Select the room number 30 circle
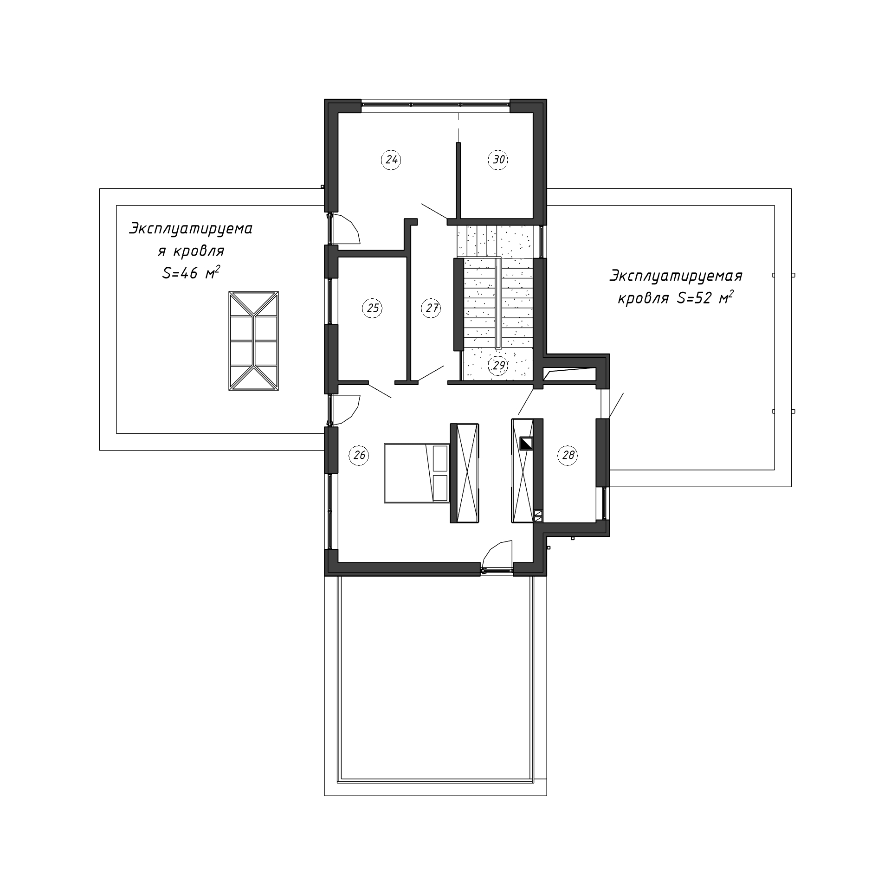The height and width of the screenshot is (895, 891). [x=498, y=160]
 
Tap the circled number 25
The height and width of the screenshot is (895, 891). [x=373, y=308]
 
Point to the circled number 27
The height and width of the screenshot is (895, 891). [x=432, y=308]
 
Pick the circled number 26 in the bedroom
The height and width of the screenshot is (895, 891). [x=359, y=455]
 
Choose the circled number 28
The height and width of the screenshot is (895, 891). [x=568, y=455]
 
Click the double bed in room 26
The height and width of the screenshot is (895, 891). [x=417, y=473]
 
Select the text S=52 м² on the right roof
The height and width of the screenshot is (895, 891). [x=705, y=298]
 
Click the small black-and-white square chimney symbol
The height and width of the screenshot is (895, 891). [x=526, y=444]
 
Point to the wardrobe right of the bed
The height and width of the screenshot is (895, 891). [x=465, y=473]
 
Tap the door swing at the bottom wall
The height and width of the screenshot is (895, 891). [x=497, y=554]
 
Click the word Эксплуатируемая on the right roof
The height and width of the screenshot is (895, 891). [x=676, y=277]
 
